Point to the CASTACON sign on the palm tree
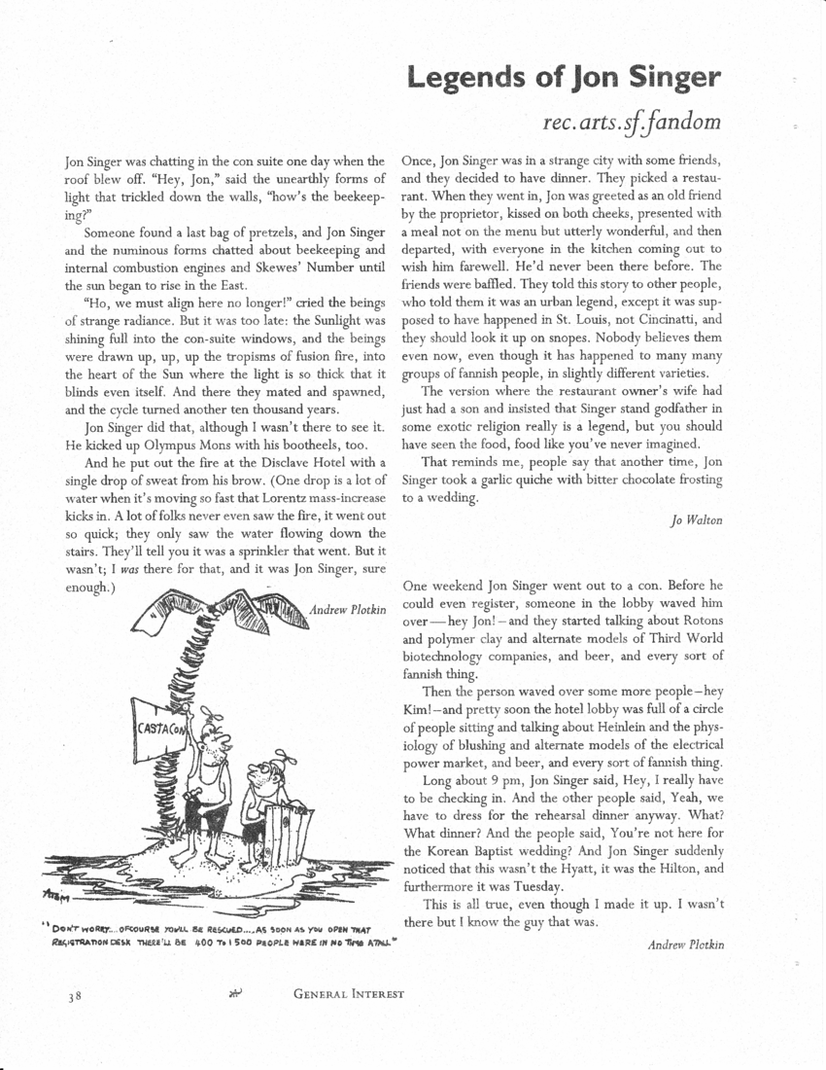pos(156,728)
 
